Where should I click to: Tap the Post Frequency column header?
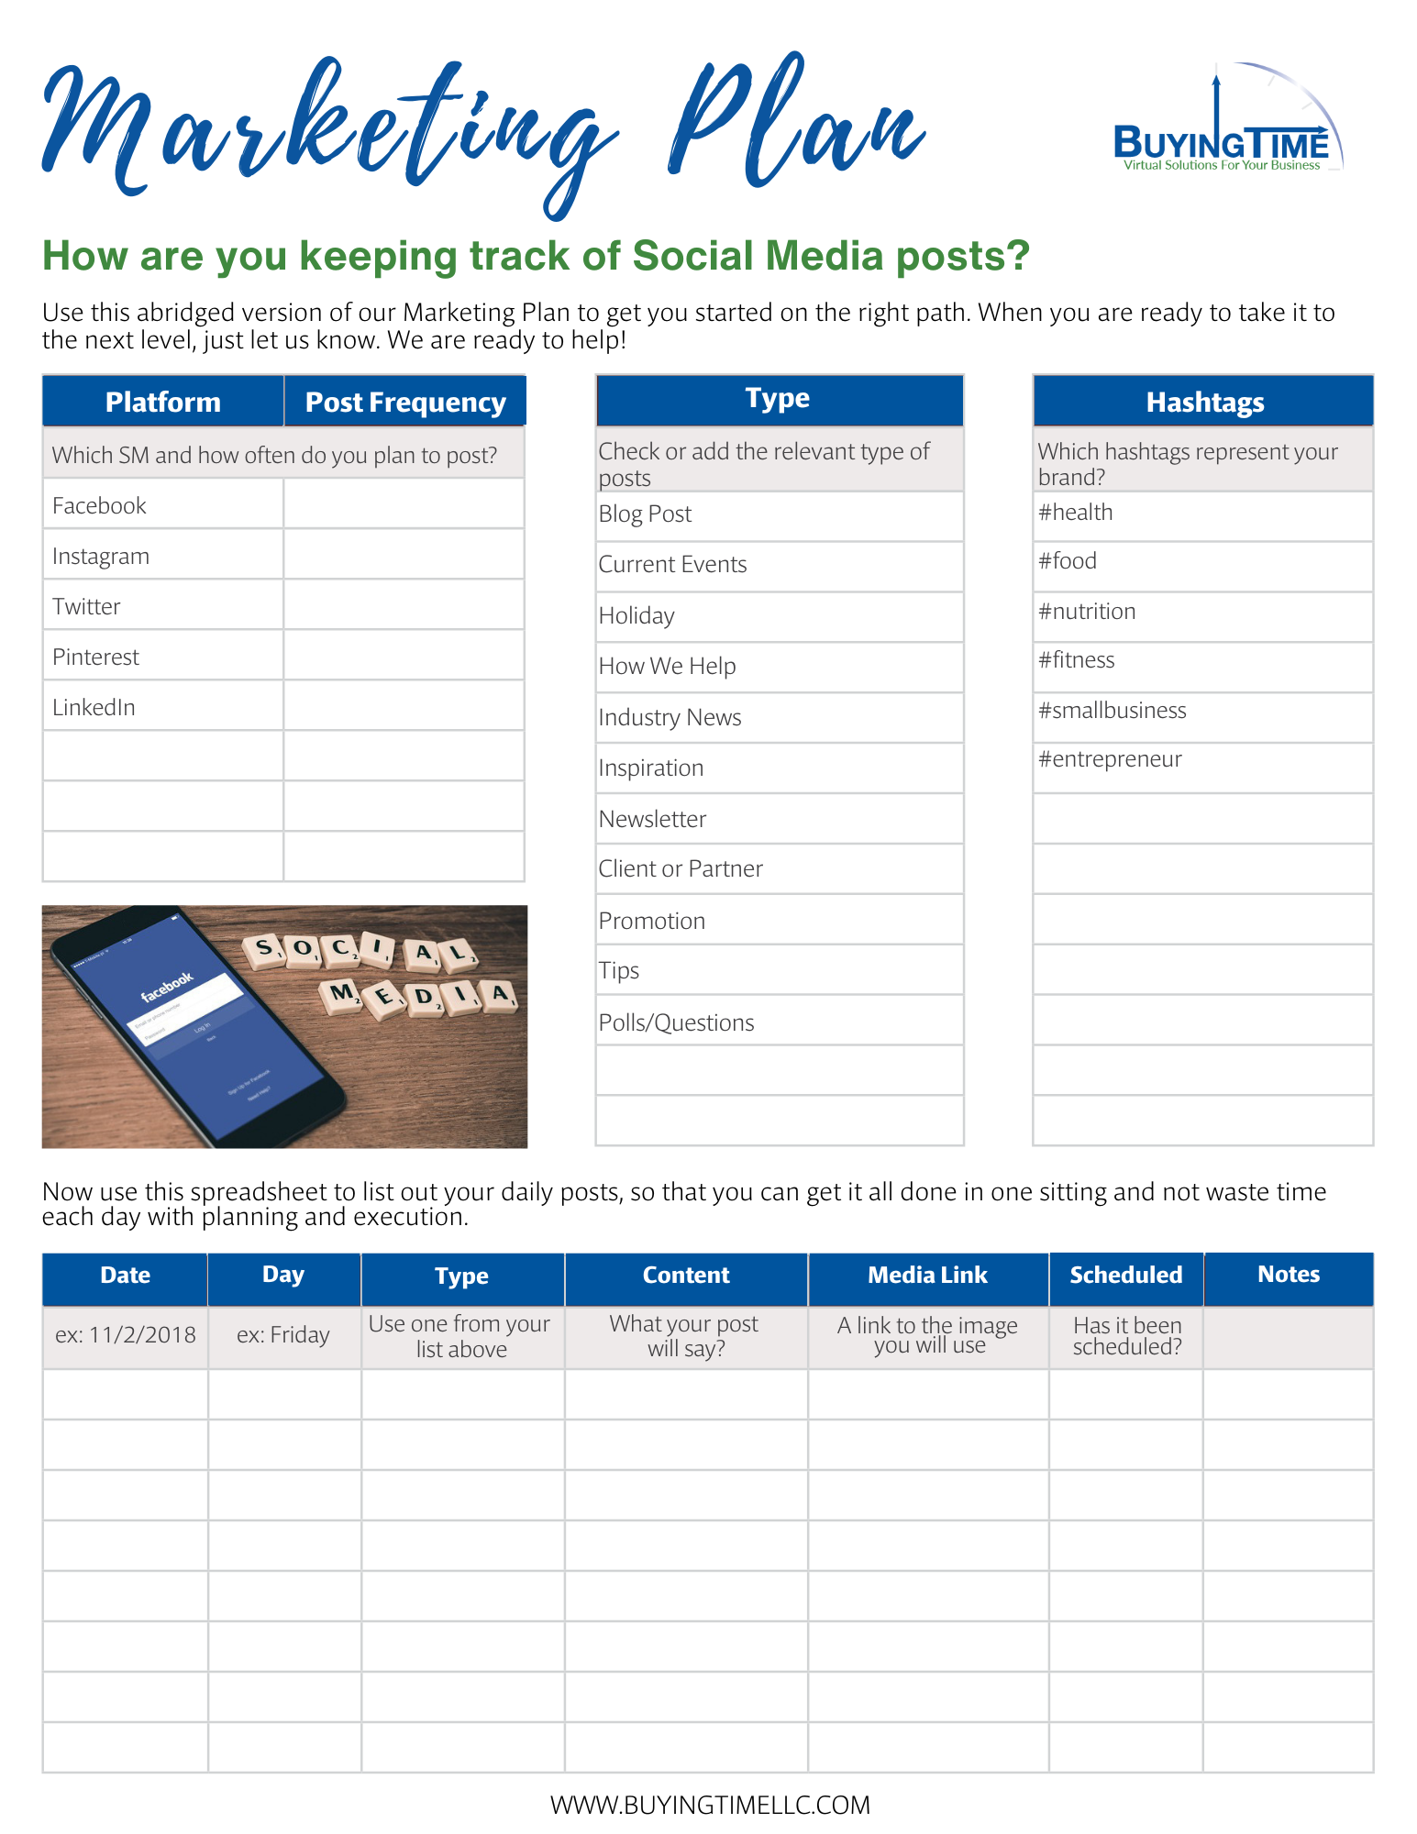coord(404,403)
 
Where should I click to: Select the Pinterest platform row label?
coord(96,657)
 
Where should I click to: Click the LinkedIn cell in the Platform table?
coord(94,707)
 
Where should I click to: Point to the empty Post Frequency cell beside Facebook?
coord(404,504)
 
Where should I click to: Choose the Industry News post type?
coord(670,717)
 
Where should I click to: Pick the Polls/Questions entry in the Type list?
coord(676,1022)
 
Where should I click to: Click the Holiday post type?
coord(637,615)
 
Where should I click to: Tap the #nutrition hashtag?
coord(1087,611)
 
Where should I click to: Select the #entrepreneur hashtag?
coord(1110,759)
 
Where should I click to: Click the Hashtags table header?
coord(1204,402)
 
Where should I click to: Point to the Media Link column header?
coord(927,1276)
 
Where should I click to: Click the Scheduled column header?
coord(1125,1276)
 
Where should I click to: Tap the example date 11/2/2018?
coord(126,1334)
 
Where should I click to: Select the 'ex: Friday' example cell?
coord(282,1334)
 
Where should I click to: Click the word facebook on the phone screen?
coord(167,986)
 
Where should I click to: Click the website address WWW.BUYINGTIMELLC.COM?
coord(710,1805)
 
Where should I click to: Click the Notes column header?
coord(1289,1275)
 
